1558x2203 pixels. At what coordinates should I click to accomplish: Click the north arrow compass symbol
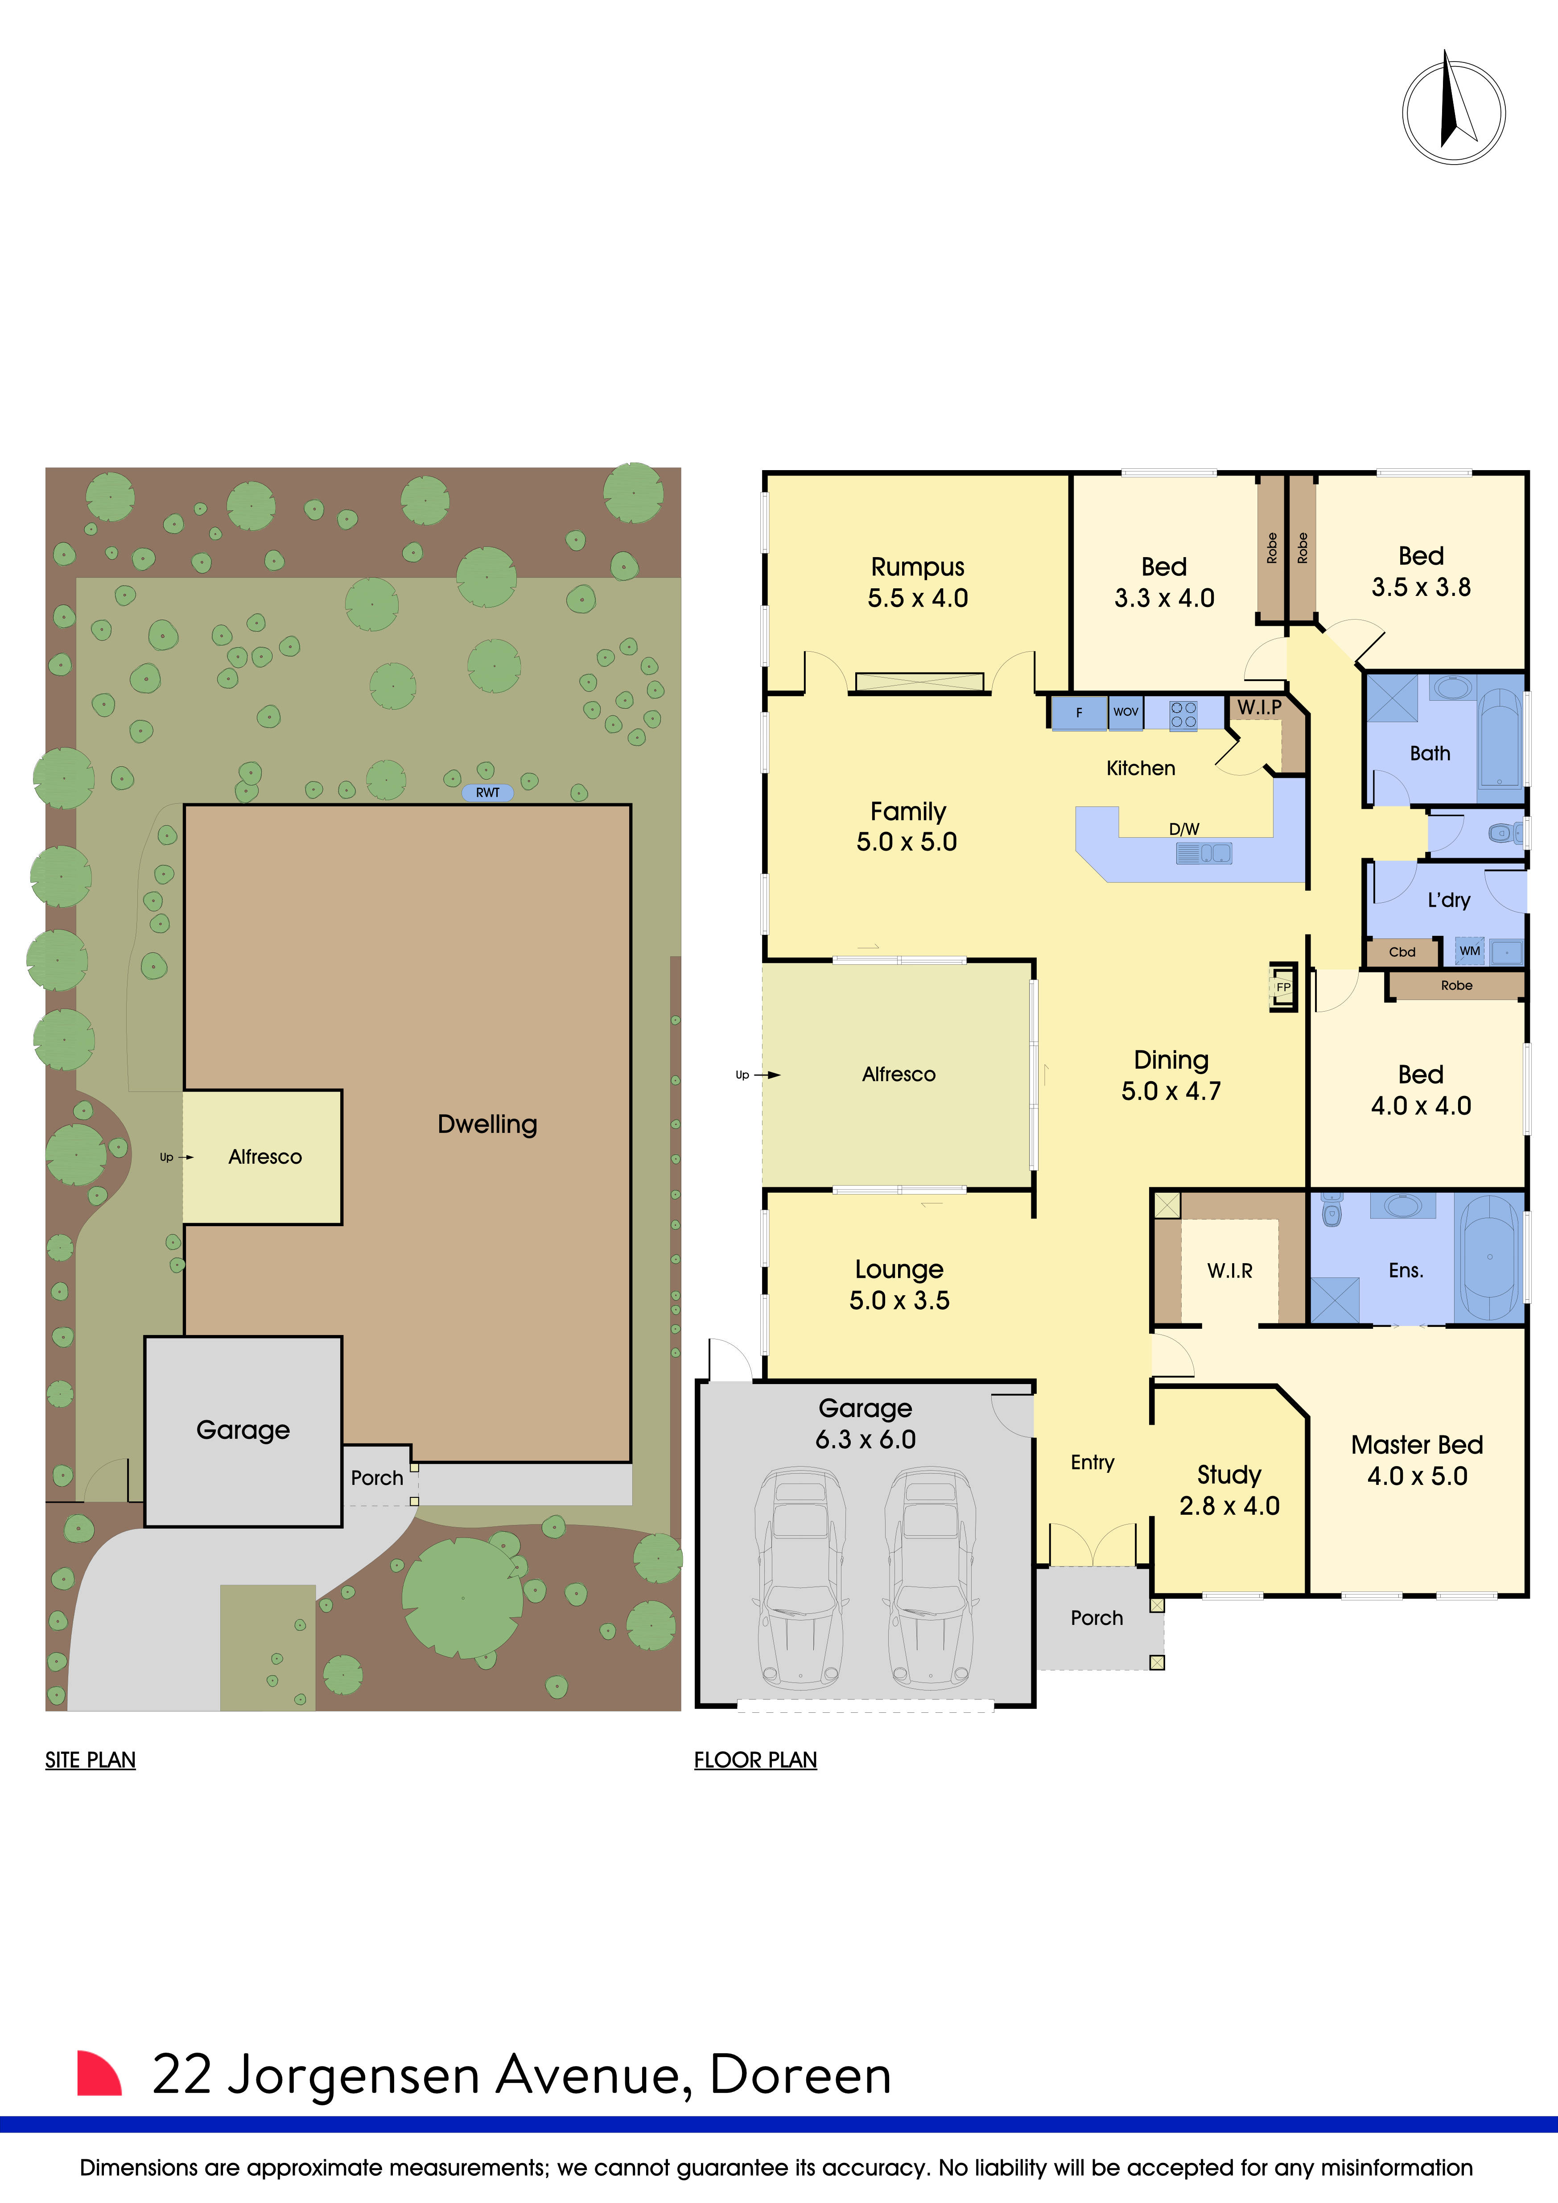(x=1452, y=112)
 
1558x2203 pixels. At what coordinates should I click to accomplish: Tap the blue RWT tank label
(x=487, y=793)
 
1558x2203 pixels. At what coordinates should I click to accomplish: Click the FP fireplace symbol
(x=1283, y=986)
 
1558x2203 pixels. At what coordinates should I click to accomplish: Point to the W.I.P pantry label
(x=1259, y=707)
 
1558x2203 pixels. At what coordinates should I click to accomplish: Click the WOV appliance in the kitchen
(x=1125, y=712)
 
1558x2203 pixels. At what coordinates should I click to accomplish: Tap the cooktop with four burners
(x=1183, y=714)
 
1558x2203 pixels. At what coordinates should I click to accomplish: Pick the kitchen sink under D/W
(x=1203, y=853)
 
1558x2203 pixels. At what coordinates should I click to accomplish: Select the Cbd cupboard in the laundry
(x=1401, y=952)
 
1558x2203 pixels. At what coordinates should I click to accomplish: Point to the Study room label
(x=1229, y=1475)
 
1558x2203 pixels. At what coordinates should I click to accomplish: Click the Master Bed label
(x=1417, y=1445)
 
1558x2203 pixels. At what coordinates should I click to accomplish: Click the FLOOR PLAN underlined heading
(x=755, y=1760)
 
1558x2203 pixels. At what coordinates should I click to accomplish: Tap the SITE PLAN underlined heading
(x=90, y=1760)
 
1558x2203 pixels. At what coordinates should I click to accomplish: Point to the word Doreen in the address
(x=800, y=2075)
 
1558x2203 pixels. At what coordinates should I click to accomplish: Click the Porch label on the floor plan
(x=1096, y=1618)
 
